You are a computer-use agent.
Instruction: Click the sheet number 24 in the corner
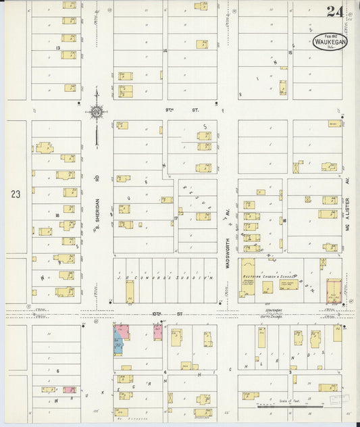tap(334, 11)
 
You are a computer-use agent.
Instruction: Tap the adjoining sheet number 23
tap(16, 194)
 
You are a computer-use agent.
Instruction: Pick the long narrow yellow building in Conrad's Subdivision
tap(130, 291)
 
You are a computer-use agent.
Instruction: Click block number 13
tap(59, 49)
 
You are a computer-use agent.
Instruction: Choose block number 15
tap(290, 52)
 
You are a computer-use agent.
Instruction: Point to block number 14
tap(164, 51)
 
